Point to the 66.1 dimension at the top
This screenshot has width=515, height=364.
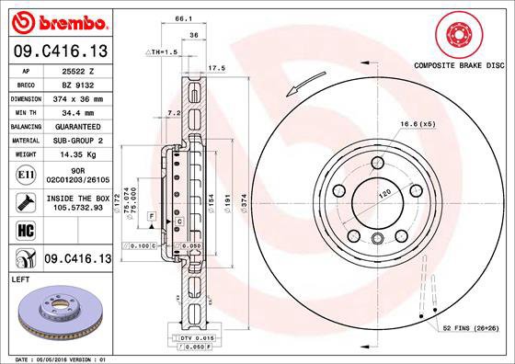[184, 17]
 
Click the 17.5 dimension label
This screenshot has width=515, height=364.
[217, 68]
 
